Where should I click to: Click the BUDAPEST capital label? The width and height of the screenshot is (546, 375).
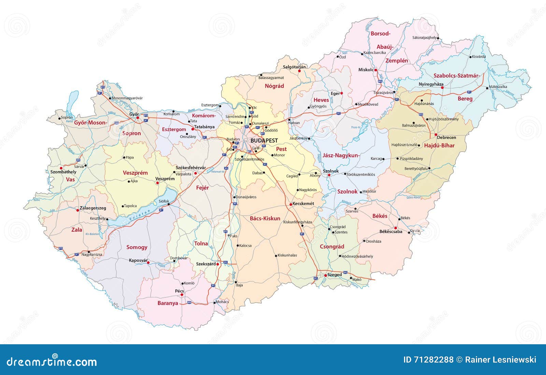[264, 140]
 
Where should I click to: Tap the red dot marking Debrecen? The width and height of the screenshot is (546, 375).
[436, 135]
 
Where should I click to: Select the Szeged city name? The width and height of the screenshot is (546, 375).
[334, 275]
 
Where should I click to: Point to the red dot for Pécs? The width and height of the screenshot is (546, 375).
[182, 295]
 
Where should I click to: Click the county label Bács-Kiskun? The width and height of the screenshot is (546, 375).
[265, 218]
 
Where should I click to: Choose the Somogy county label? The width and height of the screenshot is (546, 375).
[137, 247]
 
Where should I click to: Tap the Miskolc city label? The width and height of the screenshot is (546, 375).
[366, 70]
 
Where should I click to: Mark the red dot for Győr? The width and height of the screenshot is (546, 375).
[138, 118]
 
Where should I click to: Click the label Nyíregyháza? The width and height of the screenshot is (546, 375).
[431, 84]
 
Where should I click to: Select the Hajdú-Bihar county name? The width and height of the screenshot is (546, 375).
[439, 145]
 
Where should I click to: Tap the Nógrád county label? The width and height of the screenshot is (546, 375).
[274, 86]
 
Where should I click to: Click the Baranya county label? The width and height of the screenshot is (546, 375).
[168, 303]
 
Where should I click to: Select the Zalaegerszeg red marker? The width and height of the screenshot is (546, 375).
[77, 210]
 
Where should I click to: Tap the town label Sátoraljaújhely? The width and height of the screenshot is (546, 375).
[424, 38]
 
